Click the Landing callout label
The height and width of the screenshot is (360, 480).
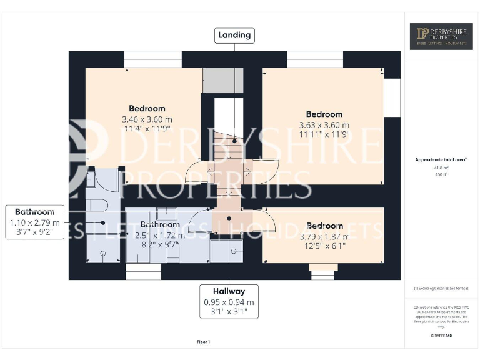click(234, 35)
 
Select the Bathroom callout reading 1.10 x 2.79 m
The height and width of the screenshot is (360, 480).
click(35, 222)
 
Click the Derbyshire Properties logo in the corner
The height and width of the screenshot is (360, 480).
click(441, 36)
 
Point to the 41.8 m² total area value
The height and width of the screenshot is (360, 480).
click(441, 167)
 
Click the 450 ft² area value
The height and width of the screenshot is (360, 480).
click(441, 174)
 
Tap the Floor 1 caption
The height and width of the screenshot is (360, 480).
click(204, 342)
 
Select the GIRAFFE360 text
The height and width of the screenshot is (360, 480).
click(441, 336)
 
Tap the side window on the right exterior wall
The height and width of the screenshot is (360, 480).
click(392, 97)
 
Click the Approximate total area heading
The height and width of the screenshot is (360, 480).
click(441, 160)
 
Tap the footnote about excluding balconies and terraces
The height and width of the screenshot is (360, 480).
click(441, 288)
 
